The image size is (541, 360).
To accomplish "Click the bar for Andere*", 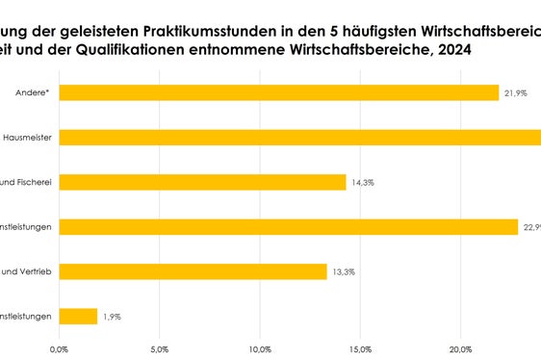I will pos(279,92).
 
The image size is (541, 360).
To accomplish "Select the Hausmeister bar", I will pos(298,138).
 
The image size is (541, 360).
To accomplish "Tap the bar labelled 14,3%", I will pos(202,182).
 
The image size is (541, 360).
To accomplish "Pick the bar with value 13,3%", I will pos(193,271).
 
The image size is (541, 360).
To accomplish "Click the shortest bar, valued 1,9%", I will pos(78,316).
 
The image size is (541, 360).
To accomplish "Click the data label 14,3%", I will pos(364,182).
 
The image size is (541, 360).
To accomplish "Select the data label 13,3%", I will pos(344,271).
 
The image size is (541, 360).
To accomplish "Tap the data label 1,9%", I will pos(112,316).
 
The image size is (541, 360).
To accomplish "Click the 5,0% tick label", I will pos(160,348).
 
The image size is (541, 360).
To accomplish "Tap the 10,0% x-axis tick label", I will pos(260,348).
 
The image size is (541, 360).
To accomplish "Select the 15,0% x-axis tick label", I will pos(360,348).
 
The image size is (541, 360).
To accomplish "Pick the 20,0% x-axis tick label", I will pos(460,348).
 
